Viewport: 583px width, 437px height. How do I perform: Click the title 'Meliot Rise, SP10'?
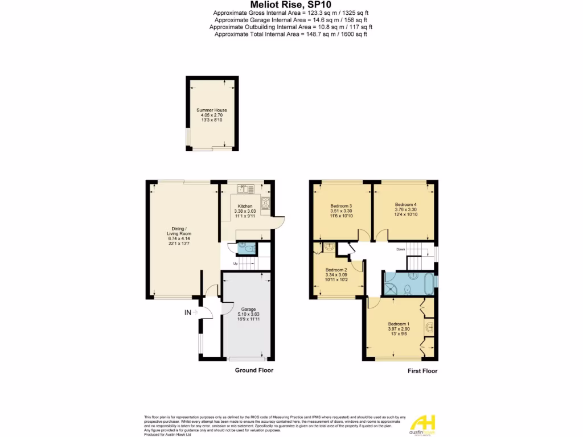point(291,5)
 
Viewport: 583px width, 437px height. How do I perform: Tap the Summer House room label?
point(212,110)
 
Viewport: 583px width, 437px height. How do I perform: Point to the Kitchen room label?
point(245,206)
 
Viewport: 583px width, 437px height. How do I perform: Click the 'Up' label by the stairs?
point(235,263)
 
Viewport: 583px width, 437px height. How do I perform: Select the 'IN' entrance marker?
point(187,312)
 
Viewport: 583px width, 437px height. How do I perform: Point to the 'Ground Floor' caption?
point(254,370)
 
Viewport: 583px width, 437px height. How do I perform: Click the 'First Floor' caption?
point(422,371)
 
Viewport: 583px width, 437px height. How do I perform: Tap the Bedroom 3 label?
point(342,206)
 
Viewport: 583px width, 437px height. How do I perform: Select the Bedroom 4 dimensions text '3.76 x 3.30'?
point(406,209)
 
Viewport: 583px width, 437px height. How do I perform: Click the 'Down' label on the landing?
point(401,249)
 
